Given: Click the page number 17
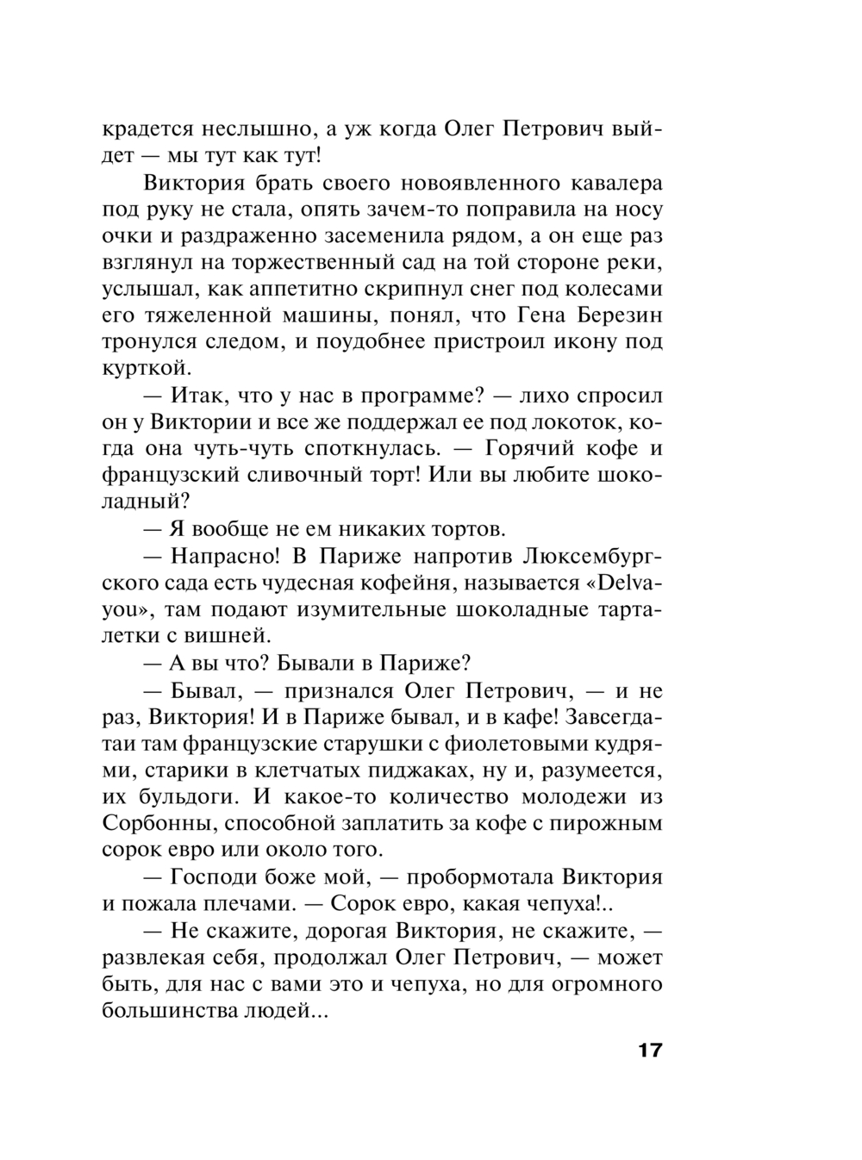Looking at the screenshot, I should click(650, 1052).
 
